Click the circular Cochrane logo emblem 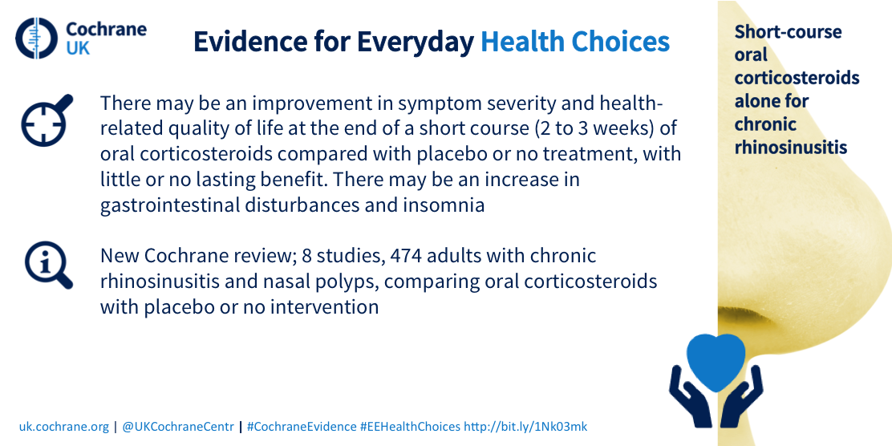[37, 39]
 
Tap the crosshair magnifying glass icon [47, 120]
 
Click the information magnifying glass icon [48, 266]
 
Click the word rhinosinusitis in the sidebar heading [791, 148]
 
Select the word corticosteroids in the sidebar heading [797, 78]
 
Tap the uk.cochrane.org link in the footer [63, 427]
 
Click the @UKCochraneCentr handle [178, 427]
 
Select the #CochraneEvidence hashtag [302, 427]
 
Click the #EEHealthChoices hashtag [410, 427]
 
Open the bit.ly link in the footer [525, 427]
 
